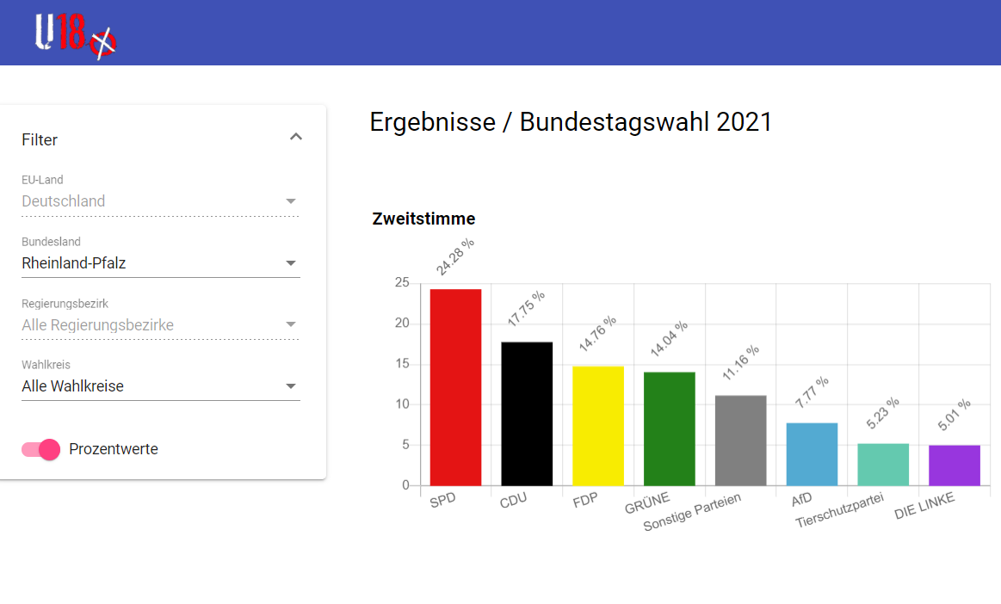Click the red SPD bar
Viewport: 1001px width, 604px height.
pyautogui.click(x=455, y=387)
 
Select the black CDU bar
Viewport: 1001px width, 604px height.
pyautogui.click(x=527, y=414)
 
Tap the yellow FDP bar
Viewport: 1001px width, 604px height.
pyautogui.click(x=598, y=426)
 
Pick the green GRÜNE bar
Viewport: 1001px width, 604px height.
pyautogui.click(x=669, y=429)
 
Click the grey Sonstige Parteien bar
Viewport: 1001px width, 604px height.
pyautogui.click(x=740, y=441)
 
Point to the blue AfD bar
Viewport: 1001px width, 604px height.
pyautogui.click(x=812, y=454)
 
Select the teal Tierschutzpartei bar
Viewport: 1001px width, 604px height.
pyautogui.click(x=883, y=465)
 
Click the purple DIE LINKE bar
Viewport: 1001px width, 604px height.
pyautogui.click(x=955, y=465)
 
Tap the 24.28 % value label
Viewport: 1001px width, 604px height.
pyautogui.click(x=455, y=256)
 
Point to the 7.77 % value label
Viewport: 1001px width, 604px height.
pyautogui.click(x=812, y=392)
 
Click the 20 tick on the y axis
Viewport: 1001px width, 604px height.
pyautogui.click(x=402, y=323)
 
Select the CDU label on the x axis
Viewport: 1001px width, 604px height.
pyautogui.click(x=513, y=501)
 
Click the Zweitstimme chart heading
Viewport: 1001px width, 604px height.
pyautogui.click(x=423, y=219)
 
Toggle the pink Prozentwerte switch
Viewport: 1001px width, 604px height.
pyautogui.click(x=40, y=449)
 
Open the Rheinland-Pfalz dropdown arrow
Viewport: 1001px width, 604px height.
pyautogui.click(x=290, y=263)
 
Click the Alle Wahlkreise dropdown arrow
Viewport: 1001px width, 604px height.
pyautogui.click(x=290, y=386)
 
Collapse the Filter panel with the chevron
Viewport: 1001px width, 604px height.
pyautogui.click(x=295, y=137)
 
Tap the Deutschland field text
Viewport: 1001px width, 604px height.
pyautogui.click(x=63, y=201)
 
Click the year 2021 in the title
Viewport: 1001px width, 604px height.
pyautogui.click(x=745, y=122)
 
